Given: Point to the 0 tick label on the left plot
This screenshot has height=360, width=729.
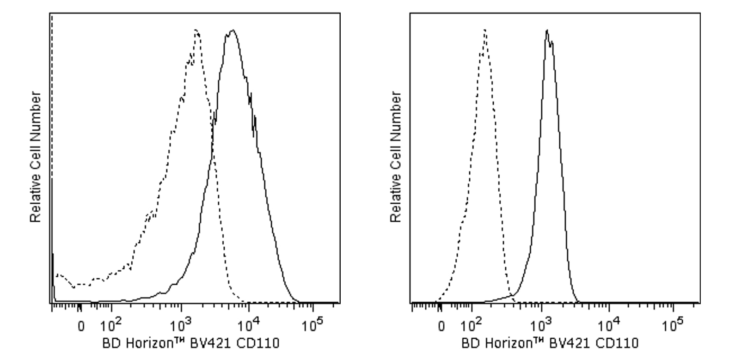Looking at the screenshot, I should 81,327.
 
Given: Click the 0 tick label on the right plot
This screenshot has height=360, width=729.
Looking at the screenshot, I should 441,327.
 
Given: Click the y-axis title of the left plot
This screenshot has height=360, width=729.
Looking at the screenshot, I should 36,157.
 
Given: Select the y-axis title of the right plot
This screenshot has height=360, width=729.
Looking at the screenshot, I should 396,157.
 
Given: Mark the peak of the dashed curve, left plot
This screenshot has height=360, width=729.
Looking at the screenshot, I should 196,31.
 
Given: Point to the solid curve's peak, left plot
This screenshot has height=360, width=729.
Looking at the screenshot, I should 233,31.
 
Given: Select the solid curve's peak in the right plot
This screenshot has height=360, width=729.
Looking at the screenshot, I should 547,31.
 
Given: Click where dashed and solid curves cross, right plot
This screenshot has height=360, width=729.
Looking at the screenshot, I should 511,294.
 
